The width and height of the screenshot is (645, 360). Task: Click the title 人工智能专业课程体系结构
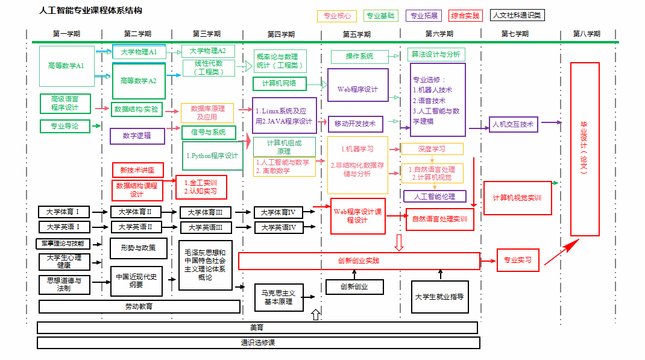click(90, 11)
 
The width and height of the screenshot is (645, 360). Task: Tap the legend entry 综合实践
click(465, 16)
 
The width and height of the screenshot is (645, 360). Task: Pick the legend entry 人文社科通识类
click(517, 16)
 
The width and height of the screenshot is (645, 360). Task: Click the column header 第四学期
click(281, 34)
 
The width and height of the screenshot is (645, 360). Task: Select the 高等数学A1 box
click(67, 66)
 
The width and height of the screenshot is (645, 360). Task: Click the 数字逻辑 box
click(137, 136)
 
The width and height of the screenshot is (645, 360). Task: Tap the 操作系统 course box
click(359, 57)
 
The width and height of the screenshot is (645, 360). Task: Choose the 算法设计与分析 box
click(436, 54)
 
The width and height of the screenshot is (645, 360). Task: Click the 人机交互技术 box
click(513, 125)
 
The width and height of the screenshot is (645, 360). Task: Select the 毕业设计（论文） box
click(584, 149)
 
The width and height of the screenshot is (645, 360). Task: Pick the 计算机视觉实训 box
click(517, 198)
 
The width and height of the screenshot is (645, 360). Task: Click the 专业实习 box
click(517, 260)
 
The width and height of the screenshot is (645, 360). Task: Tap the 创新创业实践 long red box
click(359, 261)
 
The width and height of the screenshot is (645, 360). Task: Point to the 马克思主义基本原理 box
click(278, 297)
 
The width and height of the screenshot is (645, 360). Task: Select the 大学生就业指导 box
click(439, 297)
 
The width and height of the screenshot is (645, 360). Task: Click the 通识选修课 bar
click(258, 343)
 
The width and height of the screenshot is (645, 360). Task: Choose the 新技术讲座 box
click(137, 170)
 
